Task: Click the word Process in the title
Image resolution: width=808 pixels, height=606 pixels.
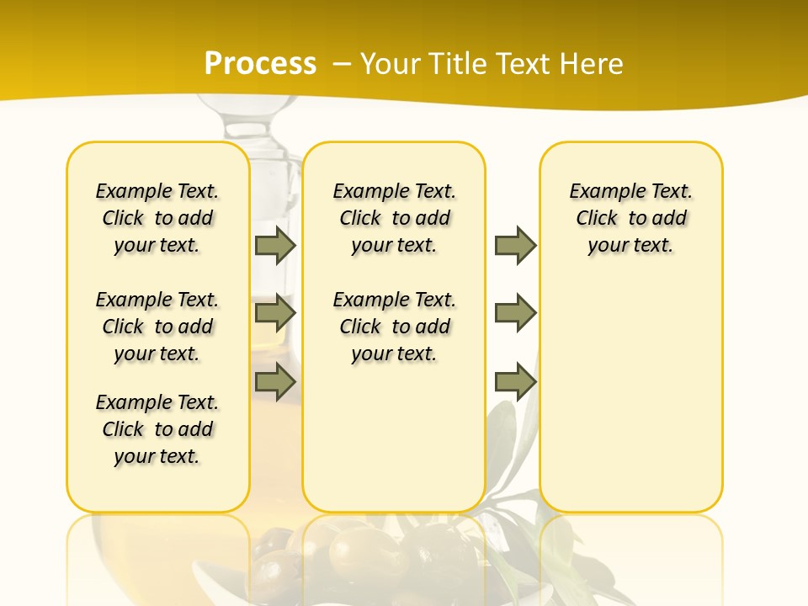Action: tap(260, 64)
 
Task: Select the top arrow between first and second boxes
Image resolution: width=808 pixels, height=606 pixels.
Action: tap(274, 245)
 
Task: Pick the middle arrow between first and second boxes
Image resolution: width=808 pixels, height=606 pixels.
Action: tap(274, 313)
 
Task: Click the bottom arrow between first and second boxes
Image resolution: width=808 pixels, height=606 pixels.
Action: tap(274, 382)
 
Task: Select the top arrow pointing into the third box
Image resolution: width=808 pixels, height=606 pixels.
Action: tap(515, 245)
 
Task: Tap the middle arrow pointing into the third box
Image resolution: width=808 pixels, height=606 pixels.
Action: tap(515, 313)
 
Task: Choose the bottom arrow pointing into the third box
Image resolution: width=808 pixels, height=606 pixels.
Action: tap(515, 382)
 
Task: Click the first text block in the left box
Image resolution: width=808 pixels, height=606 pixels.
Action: tap(157, 218)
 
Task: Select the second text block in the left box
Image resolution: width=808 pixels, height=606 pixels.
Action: tap(157, 327)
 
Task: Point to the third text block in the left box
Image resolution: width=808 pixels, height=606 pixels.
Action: tap(157, 429)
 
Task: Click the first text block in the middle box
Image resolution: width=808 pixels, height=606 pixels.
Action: tap(394, 218)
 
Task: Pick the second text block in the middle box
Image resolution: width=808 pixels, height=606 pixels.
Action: tap(394, 327)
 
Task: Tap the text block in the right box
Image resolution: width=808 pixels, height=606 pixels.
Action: tap(630, 218)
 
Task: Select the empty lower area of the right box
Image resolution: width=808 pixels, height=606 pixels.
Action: tap(630, 396)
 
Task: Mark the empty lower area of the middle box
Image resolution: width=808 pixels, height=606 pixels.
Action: tap(394, 438)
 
